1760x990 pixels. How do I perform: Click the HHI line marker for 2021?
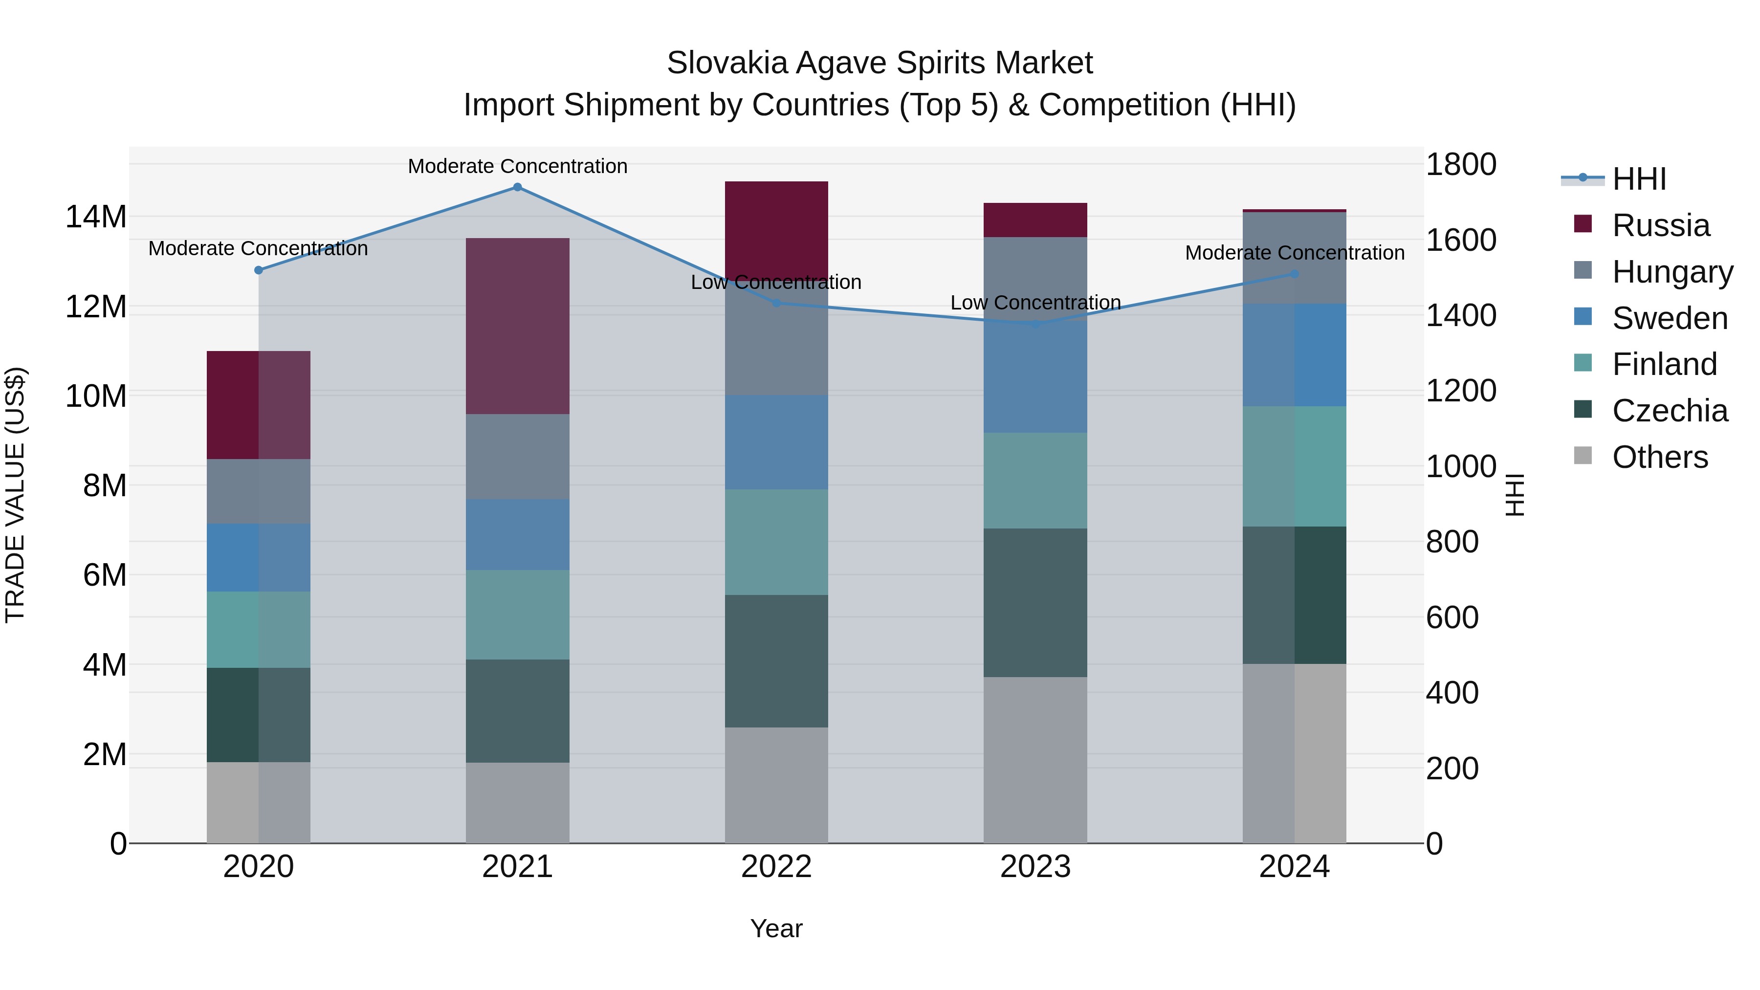pyautogui.click(x=517, y=187)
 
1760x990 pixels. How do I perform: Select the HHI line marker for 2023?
pyautogui.click(x=1035, y=323)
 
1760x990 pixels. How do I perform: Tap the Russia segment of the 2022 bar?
pyautogui.click(x=776, y=229)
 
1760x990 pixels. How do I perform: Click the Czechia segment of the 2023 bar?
pyautogui.click(x=1035, y=603)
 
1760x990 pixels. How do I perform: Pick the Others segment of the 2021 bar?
pyautogui.click(x=517, y=803)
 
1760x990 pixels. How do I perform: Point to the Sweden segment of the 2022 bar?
pyautogui.click(x=776, y=442)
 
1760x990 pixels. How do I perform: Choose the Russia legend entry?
pyautogui.click(x=1660, y=225)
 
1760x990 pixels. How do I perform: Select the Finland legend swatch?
pyautogui.click(x=1583, y=363)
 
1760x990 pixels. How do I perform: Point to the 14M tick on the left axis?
pyautogui.click(x=96, y=217)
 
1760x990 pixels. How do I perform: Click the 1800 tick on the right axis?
pyautogui.click(x=1461, y=165)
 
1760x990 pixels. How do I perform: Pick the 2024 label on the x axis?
pyautogui.click(x=1294, y=867)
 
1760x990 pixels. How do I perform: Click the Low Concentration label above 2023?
pyautogui.click(x=1035, y=303)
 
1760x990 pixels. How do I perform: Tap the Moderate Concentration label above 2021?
pyautogui.click(x=517, y=166)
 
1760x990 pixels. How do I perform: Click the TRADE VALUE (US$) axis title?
pyautogui.click(x=15, y=495)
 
